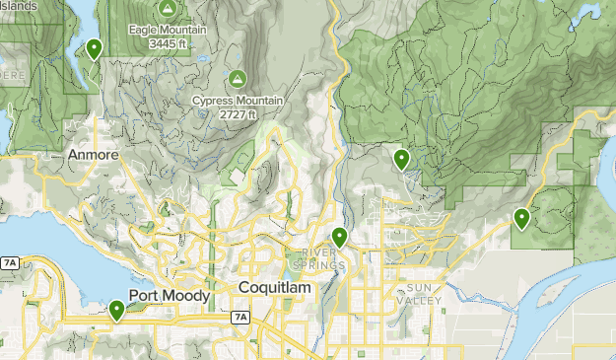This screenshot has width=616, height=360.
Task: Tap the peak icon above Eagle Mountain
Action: click(167, 10)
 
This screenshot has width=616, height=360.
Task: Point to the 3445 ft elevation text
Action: click(168, 44)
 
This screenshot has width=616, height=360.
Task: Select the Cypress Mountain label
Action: click(238, 101)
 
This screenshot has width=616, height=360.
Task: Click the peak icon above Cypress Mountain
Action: click(238, 78)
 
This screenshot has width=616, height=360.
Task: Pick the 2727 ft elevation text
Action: click(238, 114)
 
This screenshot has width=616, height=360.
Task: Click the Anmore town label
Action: click(94, 155)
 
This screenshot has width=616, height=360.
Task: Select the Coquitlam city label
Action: click(275, 287)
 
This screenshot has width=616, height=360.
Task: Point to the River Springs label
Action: click(323, 258)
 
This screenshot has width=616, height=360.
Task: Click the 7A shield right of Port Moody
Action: click(240, 317)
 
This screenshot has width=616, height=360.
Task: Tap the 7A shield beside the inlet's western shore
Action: click(10, 263)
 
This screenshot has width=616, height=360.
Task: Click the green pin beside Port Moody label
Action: click(117, 311)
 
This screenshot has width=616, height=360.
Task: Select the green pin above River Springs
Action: click(339, 237)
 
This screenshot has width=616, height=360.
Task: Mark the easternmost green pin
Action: click(521, 218)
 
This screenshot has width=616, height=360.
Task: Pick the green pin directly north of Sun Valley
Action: click(401, 158)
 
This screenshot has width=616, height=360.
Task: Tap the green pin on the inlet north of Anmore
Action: click(94, 47)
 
